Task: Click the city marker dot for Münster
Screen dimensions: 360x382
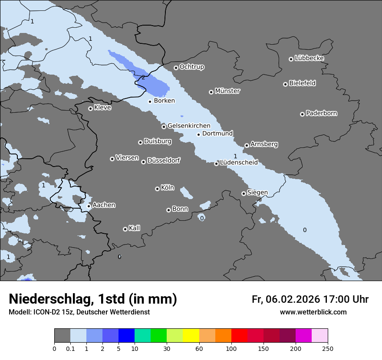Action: point(211,92)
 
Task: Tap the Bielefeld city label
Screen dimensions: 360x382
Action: point(302,83)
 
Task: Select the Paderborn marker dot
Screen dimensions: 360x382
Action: point(302,114)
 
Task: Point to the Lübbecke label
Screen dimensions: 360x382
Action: point(309,58)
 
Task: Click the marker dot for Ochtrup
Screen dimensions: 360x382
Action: point(176,68)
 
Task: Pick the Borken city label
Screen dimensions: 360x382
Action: point(164,101)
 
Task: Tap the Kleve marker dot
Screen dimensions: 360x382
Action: point(90,108)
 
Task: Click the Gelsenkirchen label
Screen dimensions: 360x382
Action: point(189,126)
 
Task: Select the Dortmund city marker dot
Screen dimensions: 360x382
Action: point(198,134)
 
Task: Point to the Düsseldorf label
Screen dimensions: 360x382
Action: point(163,160)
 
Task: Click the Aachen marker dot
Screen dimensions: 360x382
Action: point(89,206)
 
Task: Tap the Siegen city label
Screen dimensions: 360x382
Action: point(257,192)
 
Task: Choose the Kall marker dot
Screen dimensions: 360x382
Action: point(125,229)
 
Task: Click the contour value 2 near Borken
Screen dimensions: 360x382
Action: point(143,78)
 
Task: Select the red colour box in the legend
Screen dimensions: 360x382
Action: point(239,336)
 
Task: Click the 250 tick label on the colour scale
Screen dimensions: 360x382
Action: point(327,348)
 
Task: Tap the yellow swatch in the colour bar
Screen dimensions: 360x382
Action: point(191,336)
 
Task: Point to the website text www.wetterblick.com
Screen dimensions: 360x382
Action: point(313,312)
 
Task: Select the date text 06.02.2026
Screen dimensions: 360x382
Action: point(293,299)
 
